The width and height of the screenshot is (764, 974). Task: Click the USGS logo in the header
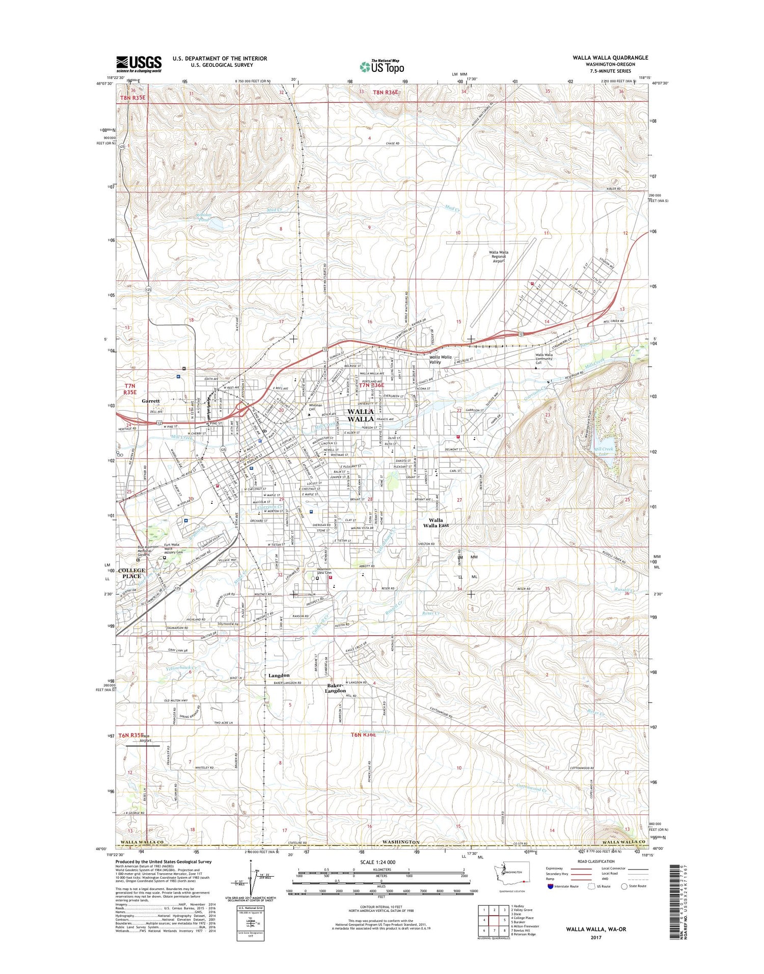point(139,64)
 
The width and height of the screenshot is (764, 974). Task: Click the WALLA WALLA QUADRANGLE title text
point(610,58)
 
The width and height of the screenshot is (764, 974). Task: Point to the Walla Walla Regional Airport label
point(498,256)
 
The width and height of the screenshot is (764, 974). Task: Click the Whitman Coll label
point(316,407)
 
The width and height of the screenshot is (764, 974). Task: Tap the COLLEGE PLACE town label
point(131,573)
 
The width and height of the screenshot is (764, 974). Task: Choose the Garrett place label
point(151,401)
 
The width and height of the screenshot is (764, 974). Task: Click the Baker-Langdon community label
point(336,688)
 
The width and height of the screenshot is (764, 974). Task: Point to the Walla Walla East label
point(435,523)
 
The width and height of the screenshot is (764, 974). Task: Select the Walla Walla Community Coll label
point(544,359)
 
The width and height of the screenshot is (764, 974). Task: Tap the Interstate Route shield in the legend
point(551,886)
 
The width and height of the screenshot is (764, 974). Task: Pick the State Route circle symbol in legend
point(624,886)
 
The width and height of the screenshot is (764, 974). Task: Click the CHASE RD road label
point(392,144)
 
